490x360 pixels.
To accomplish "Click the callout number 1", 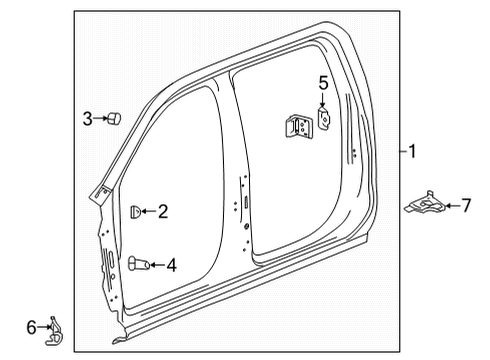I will point(412,152).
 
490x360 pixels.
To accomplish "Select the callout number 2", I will point(162,211).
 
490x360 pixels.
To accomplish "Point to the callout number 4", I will point(171,265).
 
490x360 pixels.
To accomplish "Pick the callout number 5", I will point(323,83).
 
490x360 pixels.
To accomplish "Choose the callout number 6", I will point(31,326).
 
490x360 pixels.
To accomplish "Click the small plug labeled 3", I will point(114,120).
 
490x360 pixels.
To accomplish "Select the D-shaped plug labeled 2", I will point(136,211).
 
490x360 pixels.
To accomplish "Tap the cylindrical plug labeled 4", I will point(138,264).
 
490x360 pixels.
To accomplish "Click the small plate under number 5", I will point(324,117).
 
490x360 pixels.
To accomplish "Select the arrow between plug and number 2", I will point(148,211).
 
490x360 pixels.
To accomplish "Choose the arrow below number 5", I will point(323,100).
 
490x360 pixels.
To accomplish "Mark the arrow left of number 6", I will point(43,327).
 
